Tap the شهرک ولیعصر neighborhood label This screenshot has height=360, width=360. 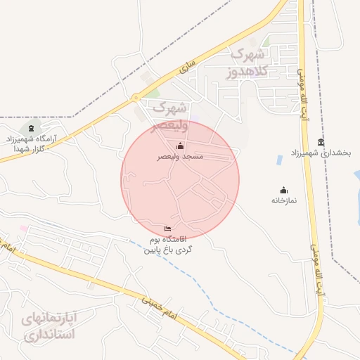(168, 117)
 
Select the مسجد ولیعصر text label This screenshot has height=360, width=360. (180, 157)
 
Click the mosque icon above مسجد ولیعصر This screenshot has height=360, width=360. (181, 146)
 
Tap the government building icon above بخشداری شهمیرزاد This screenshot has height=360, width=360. (321, 142)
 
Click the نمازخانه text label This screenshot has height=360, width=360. (284, 200)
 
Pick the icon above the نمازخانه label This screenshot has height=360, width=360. (284, 189)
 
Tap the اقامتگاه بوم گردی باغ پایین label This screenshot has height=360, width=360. (168, 245)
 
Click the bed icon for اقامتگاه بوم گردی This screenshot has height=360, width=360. (167, 229)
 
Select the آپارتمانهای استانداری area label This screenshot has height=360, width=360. (48, 326)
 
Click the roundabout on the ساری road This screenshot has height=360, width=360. (135, 97)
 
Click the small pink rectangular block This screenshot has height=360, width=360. (24, 229)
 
